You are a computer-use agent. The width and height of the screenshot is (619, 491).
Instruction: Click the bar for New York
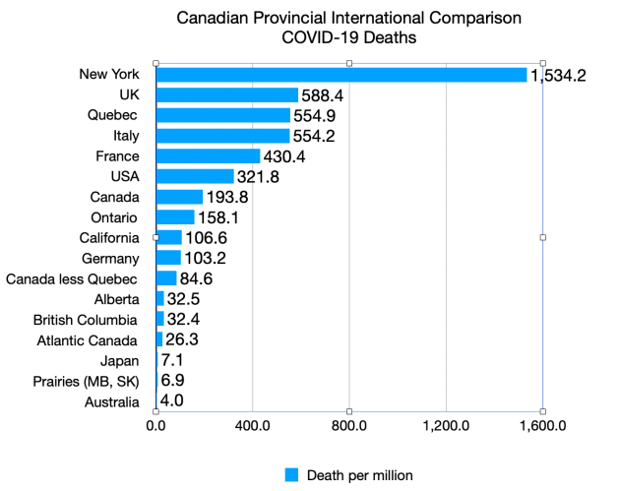coord(341,75)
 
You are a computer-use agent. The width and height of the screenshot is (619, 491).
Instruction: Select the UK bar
coord(227,94)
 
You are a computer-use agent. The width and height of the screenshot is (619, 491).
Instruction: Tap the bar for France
coord(208,155)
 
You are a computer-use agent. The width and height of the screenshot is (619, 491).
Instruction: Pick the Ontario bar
coord(175,216)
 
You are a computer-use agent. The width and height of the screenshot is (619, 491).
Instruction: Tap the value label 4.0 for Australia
coord(171,400)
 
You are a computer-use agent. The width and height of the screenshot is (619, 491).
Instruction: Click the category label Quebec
coord(112,115)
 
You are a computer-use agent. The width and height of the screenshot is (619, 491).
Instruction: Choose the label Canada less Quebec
coord(71,278)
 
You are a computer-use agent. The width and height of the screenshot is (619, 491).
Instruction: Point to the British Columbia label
coord(85,320)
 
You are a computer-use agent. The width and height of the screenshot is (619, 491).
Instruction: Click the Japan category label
coord(119,360)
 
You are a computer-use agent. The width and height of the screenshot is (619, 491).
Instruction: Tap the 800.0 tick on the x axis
coord(349,427)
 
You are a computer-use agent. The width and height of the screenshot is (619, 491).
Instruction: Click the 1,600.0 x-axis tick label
coord(542,427)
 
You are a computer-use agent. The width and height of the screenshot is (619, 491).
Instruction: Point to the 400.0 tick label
coord(253,427)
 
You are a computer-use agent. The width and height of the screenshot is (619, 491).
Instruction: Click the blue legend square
coord(291,474)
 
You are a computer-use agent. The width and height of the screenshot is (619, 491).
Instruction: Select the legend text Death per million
coord(359,474)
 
